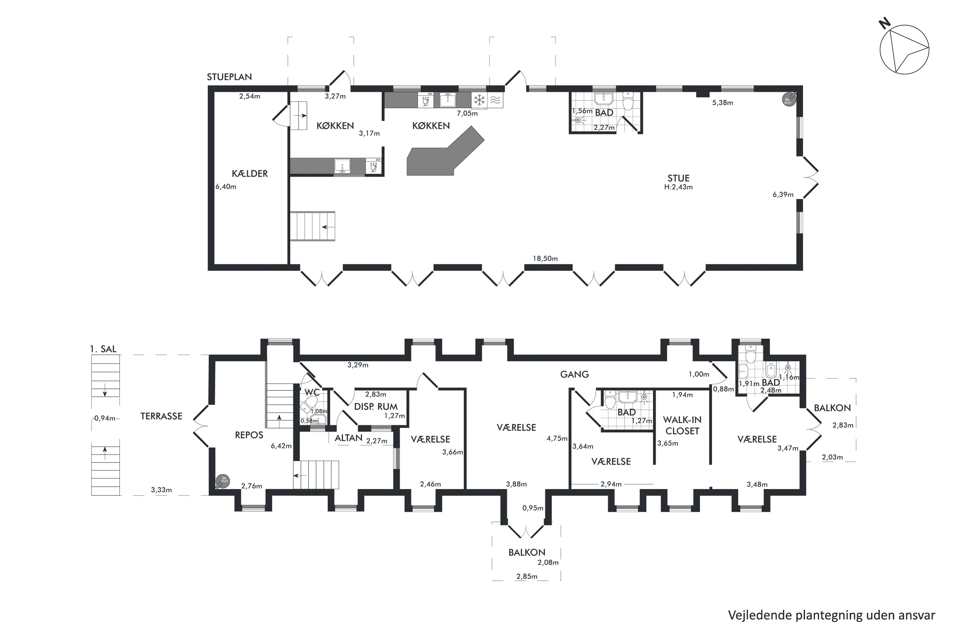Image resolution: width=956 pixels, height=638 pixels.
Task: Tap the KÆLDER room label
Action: [x=250, y=174]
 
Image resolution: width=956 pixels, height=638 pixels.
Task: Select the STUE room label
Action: [x=678, y=178]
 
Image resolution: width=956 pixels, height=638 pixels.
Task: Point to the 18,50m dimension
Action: [x=545, y=259]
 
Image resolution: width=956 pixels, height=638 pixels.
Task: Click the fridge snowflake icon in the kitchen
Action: [x=480, y=100]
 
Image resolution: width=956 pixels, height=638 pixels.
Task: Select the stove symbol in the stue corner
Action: [x=788, y=99]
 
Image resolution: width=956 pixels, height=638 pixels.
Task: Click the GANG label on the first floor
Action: [x=574, y=374]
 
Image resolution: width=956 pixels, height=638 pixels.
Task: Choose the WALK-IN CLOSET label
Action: [x=682, y=425]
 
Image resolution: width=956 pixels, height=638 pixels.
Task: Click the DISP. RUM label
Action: [x=376, y=407]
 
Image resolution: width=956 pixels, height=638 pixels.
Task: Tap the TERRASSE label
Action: [x=161, y=416]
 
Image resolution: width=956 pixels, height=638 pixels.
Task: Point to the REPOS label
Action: [x=249, y=435]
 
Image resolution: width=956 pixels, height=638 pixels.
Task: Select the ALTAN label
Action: [x=348, y=438]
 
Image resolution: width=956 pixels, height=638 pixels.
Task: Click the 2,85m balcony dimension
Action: [x=527, y=576]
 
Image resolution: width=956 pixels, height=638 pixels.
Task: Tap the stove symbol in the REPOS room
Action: [x=223, y=481]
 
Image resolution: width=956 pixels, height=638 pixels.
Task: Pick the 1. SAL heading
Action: [x=103, y=349]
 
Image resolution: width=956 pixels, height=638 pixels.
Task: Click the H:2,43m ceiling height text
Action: [x=678, y=187]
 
